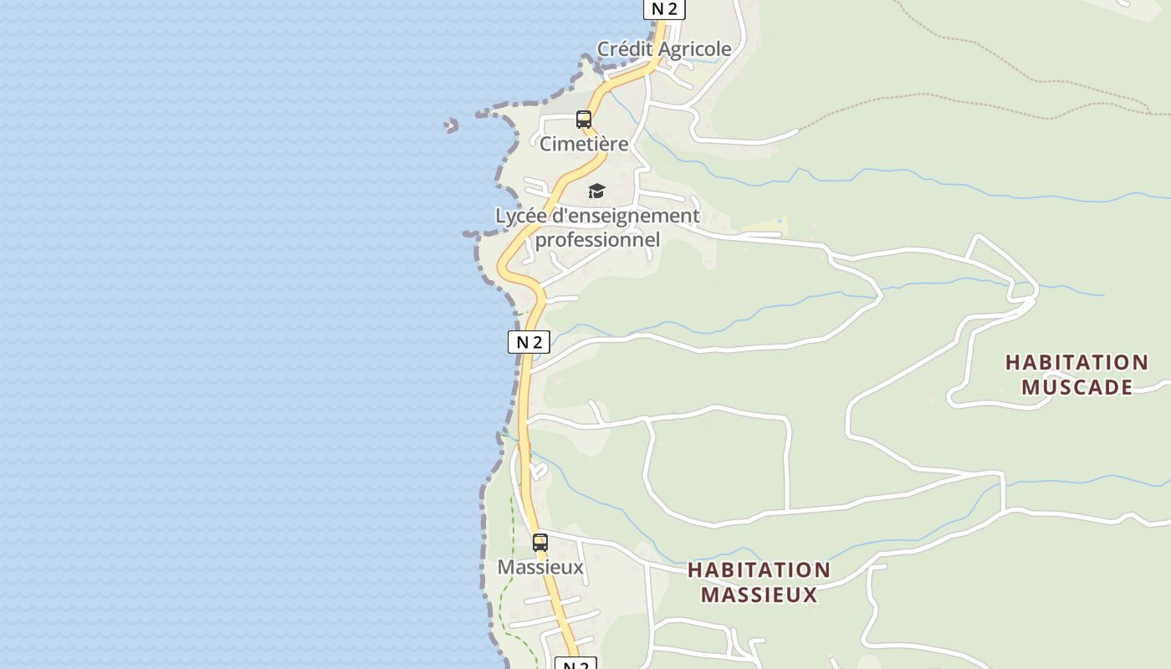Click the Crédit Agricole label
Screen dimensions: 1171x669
point(664,49)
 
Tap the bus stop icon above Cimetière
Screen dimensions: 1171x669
point(584,120)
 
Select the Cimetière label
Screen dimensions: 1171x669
point(584,144)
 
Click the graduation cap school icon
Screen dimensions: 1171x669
point(596,192)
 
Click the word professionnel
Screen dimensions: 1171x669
point(597,240)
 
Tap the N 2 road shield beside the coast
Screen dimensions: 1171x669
point(529,341)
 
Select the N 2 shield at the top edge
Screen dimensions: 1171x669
point(664,8)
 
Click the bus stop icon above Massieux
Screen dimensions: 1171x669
point(540,542)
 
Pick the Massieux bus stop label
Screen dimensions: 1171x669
point(540,567)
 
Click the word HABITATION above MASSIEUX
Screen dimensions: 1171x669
point(759,570)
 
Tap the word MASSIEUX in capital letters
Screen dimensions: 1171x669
point(759,595)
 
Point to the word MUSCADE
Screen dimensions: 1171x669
point(1076,387)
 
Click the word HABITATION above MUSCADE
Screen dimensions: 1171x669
point(1076,362)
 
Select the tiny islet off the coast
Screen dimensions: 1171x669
point(452,125)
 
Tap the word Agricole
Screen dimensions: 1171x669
point(694,49)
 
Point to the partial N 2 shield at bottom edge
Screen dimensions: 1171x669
point(575,664)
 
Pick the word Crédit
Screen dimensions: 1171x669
point(625,49)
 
